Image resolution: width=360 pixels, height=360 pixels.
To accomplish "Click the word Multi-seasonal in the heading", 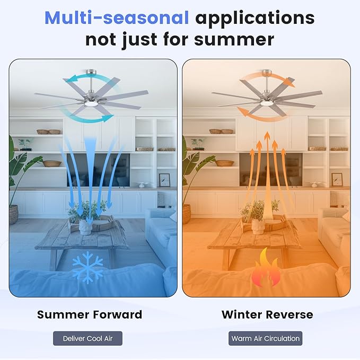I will tap(117, 18).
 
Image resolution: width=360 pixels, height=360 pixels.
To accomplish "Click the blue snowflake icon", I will tap(87, 267).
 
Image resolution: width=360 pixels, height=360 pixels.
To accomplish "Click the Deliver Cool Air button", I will tap(87, 338).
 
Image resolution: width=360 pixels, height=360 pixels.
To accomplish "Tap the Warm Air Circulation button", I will tap(266, 338).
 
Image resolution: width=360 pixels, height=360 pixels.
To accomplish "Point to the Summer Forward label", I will tap(90, 314).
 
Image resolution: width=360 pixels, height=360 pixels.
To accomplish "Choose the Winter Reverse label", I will tap(267, 314).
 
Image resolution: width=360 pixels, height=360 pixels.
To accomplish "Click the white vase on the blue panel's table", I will tap(85, 226).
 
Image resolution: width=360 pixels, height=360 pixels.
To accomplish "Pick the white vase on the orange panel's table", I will tap(258, 226).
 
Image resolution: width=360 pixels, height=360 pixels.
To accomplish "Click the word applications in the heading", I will tap(255, 18).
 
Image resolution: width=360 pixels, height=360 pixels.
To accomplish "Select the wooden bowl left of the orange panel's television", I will tap(224, 163).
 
